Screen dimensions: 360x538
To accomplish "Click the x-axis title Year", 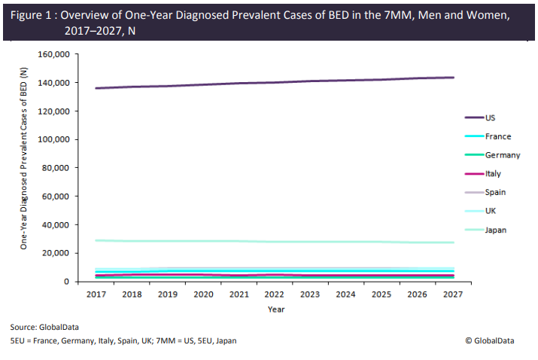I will point(275,309).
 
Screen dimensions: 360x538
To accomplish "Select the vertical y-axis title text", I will point(24,158).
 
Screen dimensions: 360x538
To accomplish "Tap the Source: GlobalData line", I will point(44,328).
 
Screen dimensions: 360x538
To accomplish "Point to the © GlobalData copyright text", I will point(490,340).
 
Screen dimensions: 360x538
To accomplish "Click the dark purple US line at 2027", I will point(453,78).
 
